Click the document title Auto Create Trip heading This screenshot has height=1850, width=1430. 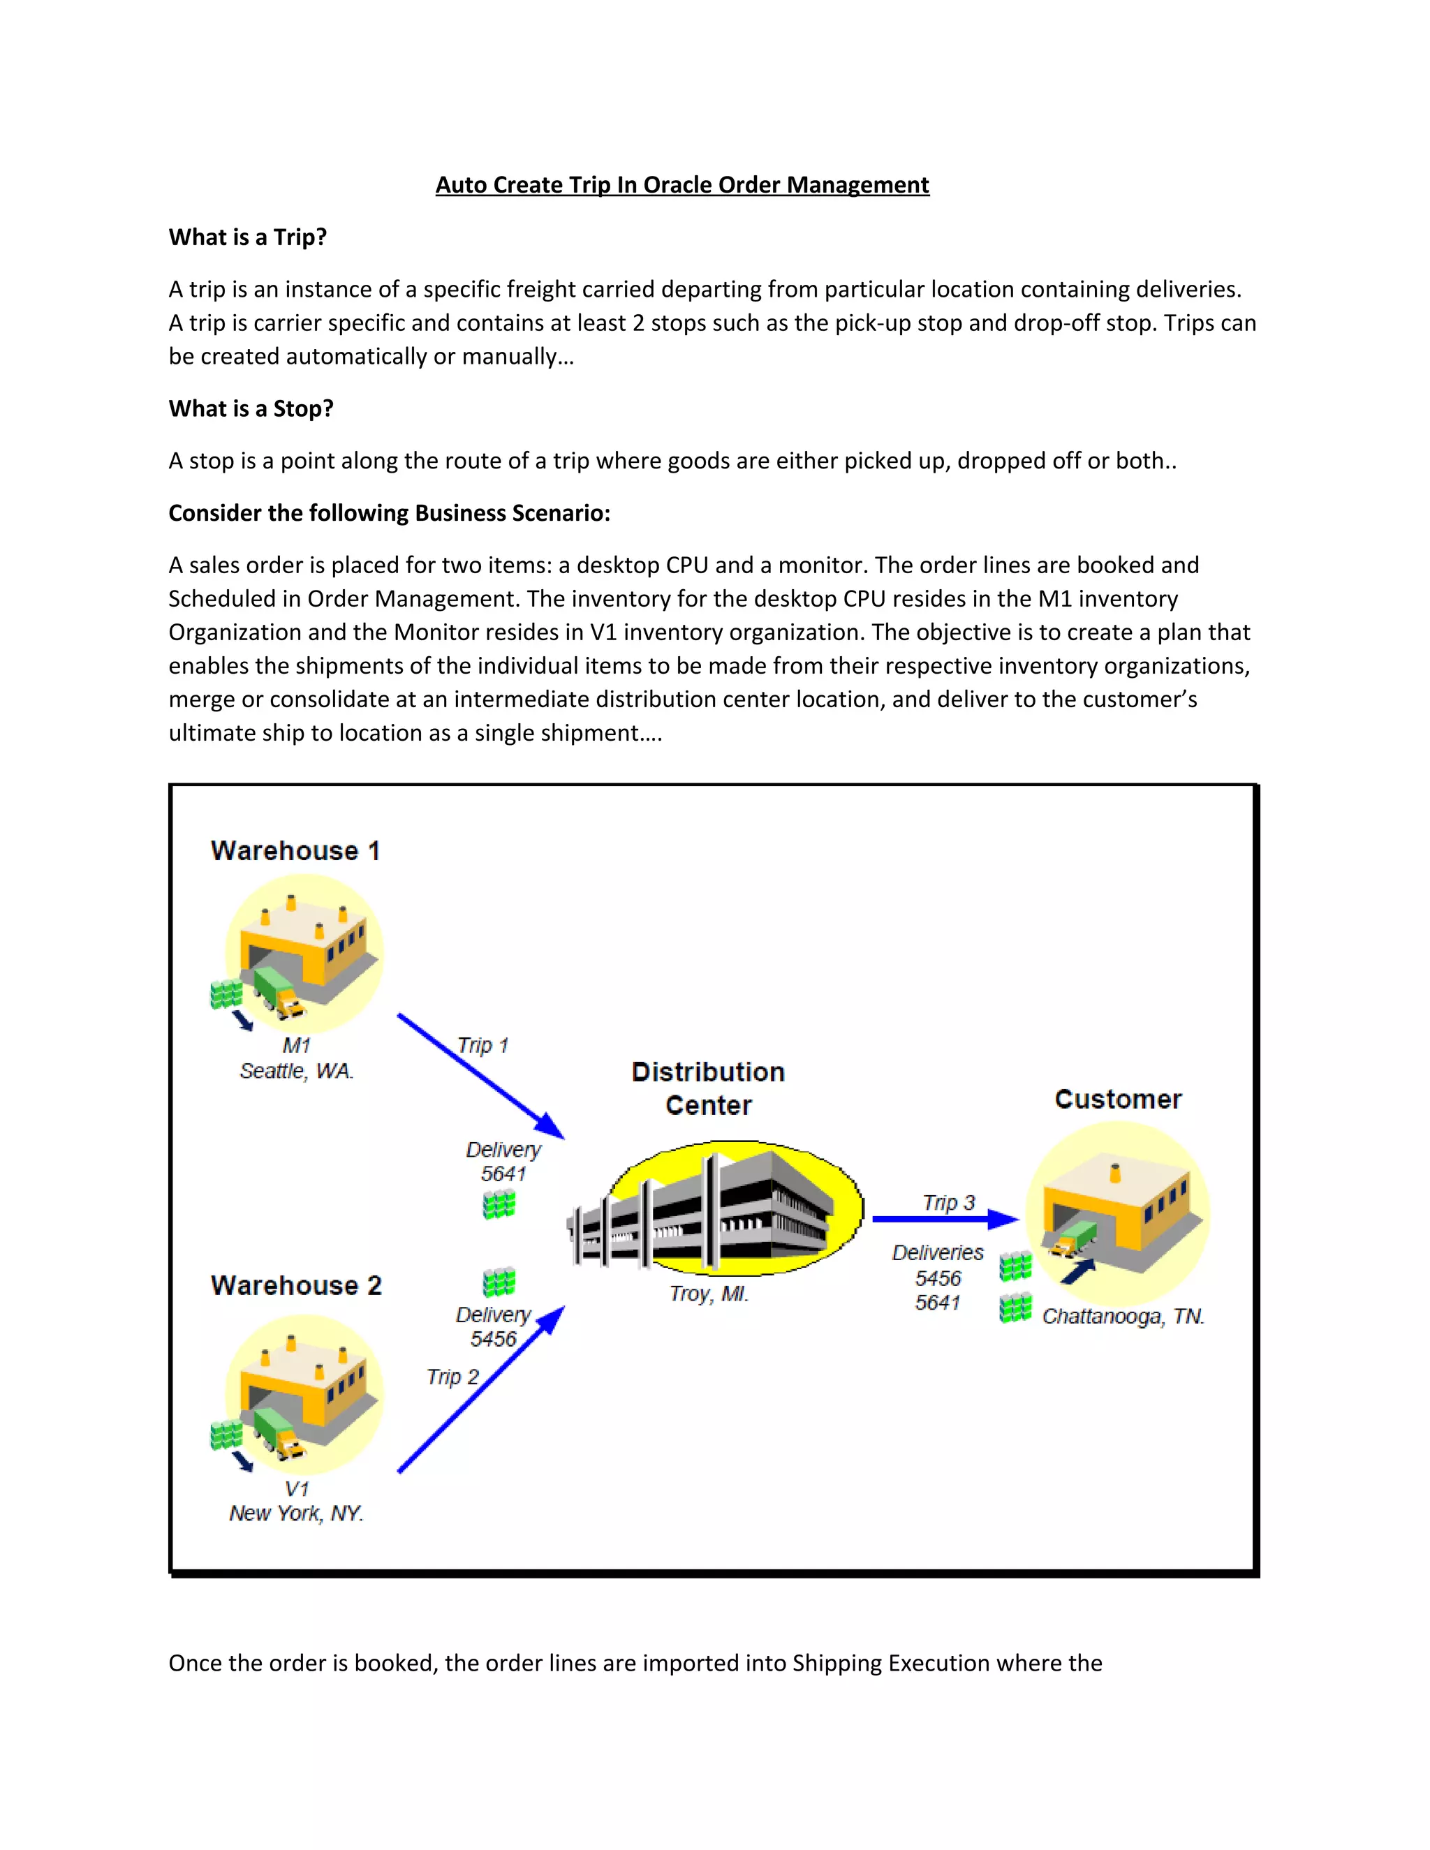click(x=682, y=185)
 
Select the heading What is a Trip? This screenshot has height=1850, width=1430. click(x=247, y=237)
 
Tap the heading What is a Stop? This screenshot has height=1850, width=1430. click(x=251, y=408)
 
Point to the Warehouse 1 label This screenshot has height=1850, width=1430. click(x=295, y=850)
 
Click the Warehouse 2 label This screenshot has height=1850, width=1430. click(x=295, y=1285)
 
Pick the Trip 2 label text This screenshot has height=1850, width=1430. click(x=452, y=1377)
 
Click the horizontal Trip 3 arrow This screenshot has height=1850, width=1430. click(x=941, y=1219)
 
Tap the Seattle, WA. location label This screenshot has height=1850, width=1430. click(x=295, y=1071)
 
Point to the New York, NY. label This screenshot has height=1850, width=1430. click(x=295, y=1513)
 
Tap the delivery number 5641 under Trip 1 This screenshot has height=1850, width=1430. click(x=503, y=1174)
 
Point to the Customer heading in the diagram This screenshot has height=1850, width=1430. click(x=1117, y=1099)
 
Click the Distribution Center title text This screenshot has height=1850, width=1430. click(x=708, y=1088)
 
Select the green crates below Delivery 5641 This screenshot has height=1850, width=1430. click(x=499, y=1204)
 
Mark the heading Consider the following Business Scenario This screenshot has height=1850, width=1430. click(x=389, y=512)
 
